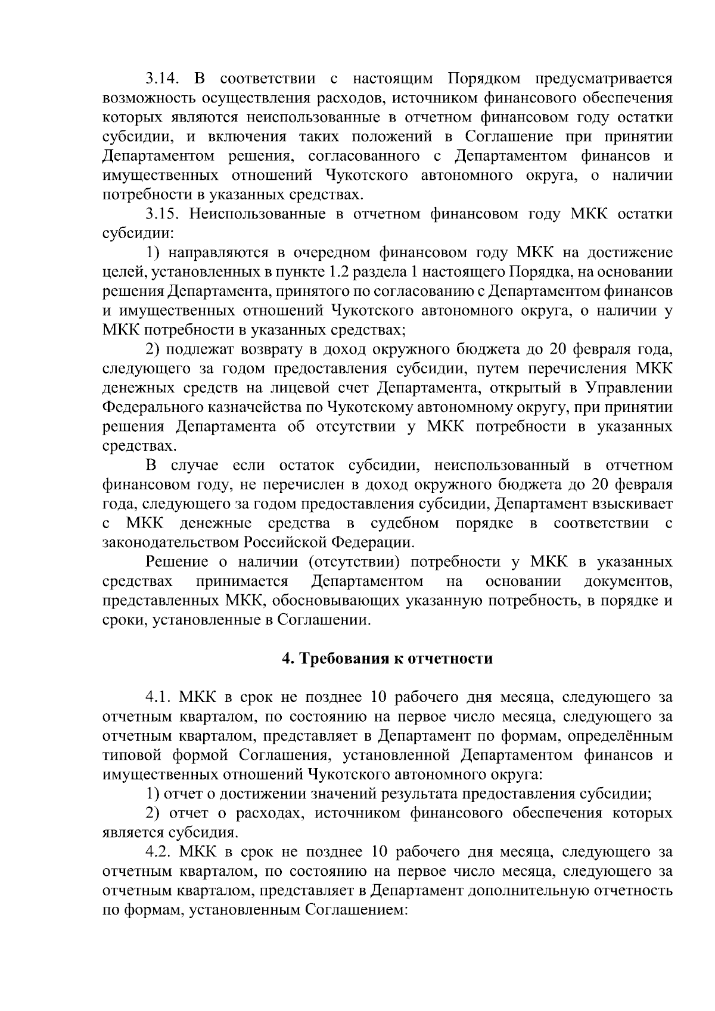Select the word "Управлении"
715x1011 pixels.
click(x=629, y=388)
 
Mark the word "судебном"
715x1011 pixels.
click(x=405, y=524)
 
